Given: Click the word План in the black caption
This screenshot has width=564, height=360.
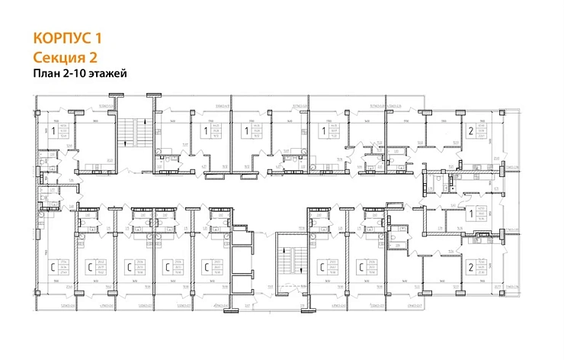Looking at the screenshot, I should pyautogui.click(x=46, y=74).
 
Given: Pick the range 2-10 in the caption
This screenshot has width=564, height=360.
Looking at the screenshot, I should pyautogui.click(x=75, y=74).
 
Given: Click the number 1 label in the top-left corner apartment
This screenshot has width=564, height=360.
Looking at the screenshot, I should pyautogui.click(x=52, y=132).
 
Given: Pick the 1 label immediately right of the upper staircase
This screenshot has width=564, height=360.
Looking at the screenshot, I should pyautogui.click(x=205, y=132).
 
